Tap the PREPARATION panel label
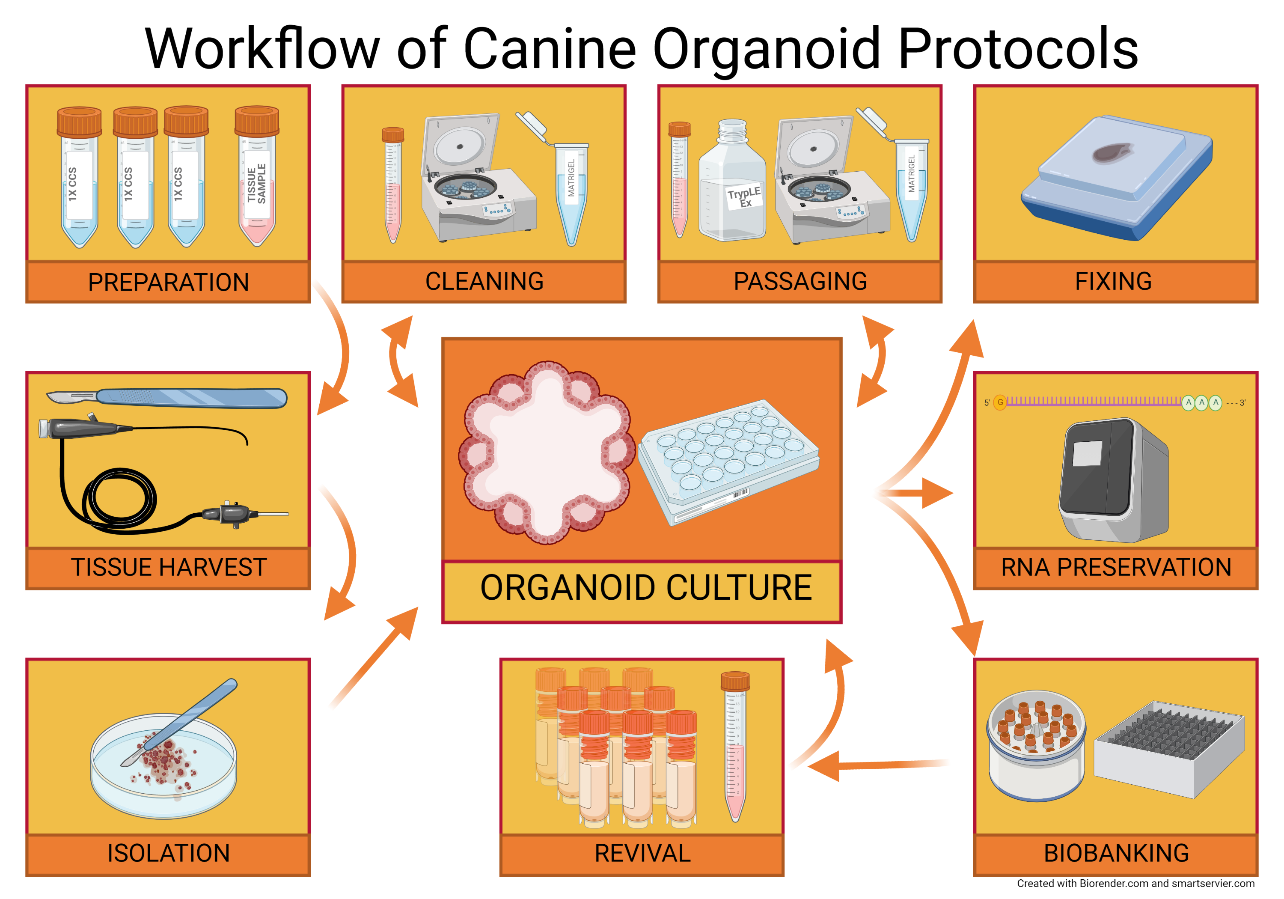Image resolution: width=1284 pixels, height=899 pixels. coord(168,282)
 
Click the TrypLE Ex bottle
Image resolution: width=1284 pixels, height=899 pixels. coord(731,185)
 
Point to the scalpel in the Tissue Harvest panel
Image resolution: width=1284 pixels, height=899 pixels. coord(168,398)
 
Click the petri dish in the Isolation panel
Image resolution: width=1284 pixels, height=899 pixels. coord(163,766)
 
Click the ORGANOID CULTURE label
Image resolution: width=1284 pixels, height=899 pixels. coord(645,588)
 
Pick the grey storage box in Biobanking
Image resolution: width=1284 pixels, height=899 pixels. coord(1169,750)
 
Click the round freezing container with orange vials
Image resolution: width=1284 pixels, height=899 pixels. coord(1036,744)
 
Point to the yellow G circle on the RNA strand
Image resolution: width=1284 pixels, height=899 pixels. coord(1000,402)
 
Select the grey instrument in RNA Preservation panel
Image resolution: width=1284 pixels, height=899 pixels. coord(1113,481)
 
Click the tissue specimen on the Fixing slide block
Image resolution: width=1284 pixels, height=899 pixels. coord(1112,151)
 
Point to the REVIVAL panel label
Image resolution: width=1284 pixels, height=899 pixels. coord(642,854)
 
